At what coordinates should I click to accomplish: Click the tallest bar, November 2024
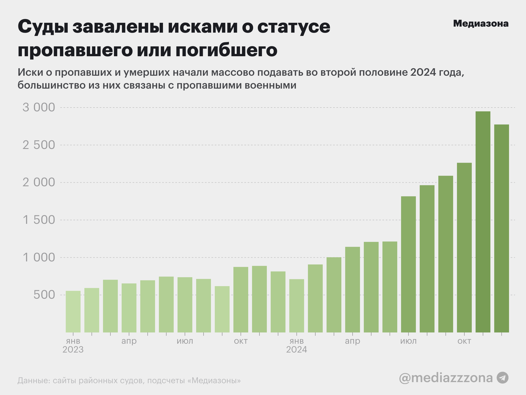(x=483, y=222)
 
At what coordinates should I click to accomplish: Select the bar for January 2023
(x=73, y=312)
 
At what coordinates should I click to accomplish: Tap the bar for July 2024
(x=408, y=264)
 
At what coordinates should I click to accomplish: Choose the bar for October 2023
(x=241, y=300)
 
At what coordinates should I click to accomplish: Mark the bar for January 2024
(x=297, y=306)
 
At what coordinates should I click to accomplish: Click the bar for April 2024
(x=353, y=290)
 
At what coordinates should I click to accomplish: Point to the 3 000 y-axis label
(x=39, y=108)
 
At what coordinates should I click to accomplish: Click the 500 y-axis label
(x=44, y=295)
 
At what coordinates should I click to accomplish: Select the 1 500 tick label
(x=39, y=220)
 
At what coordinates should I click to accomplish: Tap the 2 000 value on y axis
(x=39, y=182)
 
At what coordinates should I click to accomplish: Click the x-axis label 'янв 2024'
(x=297, y=345)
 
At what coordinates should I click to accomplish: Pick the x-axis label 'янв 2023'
(x=73, y=345)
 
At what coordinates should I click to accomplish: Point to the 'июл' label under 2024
(x=408, y=341)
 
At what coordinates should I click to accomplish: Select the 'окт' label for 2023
(x=241, y=341)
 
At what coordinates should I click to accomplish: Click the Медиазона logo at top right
(x=481, y=24)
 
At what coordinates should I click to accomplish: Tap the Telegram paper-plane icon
(x=502, y=378)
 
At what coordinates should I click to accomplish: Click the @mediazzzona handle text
(x=446, y=378)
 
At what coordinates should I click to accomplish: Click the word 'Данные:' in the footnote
(x=33, y=381)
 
